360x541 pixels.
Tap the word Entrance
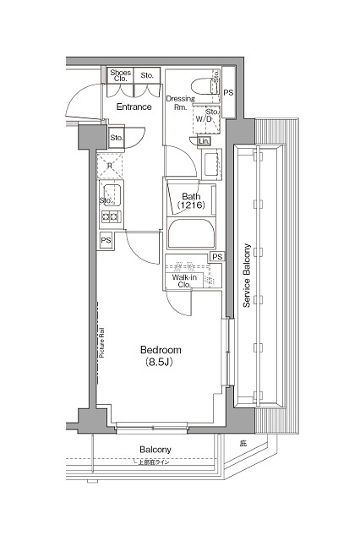[x=133, y=107]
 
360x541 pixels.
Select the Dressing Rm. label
[x=179, y=103]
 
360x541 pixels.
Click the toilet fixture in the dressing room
[x=204, y=85]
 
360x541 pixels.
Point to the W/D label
[x=205, y=120]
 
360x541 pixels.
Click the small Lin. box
[x=205, y=141]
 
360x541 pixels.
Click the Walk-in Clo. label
[x=186, y=281]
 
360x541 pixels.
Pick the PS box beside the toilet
[x=229, y=92]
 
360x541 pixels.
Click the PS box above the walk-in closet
[x=217, y=257]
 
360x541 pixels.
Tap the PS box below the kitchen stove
[x=106, y=242]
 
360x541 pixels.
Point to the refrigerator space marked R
[x=109, y=166]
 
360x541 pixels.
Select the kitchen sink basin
[x=111, y=197]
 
